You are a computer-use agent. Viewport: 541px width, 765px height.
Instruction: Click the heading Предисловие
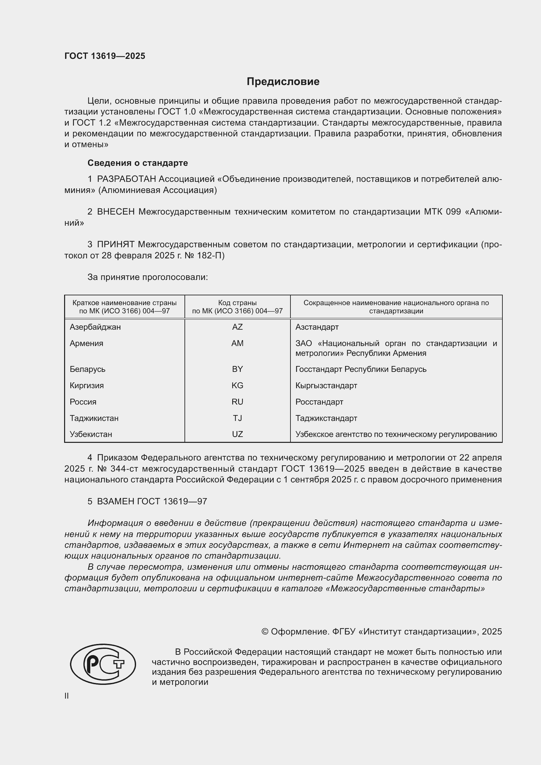[283, 82]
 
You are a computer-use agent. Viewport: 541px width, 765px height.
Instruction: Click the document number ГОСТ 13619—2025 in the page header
[105, 56]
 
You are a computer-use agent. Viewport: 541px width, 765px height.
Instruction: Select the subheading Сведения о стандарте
[138, 163]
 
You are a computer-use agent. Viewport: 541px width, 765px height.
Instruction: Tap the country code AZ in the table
[237, 327]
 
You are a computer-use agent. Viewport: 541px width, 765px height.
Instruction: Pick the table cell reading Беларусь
[87, 369]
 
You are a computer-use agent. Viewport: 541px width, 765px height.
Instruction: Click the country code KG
[237, 386]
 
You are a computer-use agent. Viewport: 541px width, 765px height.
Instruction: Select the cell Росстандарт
[319, 402]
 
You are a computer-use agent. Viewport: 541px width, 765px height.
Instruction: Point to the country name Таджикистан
[94, 418]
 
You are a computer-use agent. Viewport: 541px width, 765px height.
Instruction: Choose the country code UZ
[237, 434]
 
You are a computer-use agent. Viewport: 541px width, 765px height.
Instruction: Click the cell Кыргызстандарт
[326, 386]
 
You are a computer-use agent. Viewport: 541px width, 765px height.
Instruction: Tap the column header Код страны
[237, 303]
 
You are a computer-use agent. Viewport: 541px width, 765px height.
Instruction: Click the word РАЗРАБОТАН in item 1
[126, 179]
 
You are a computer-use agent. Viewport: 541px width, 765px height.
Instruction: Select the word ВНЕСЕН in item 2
[115, 212]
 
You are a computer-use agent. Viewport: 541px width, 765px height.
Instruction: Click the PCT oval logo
[103, 664]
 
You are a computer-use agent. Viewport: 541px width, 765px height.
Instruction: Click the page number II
[67, 696]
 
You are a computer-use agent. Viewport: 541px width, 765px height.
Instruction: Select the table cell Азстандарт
[317, 327]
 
